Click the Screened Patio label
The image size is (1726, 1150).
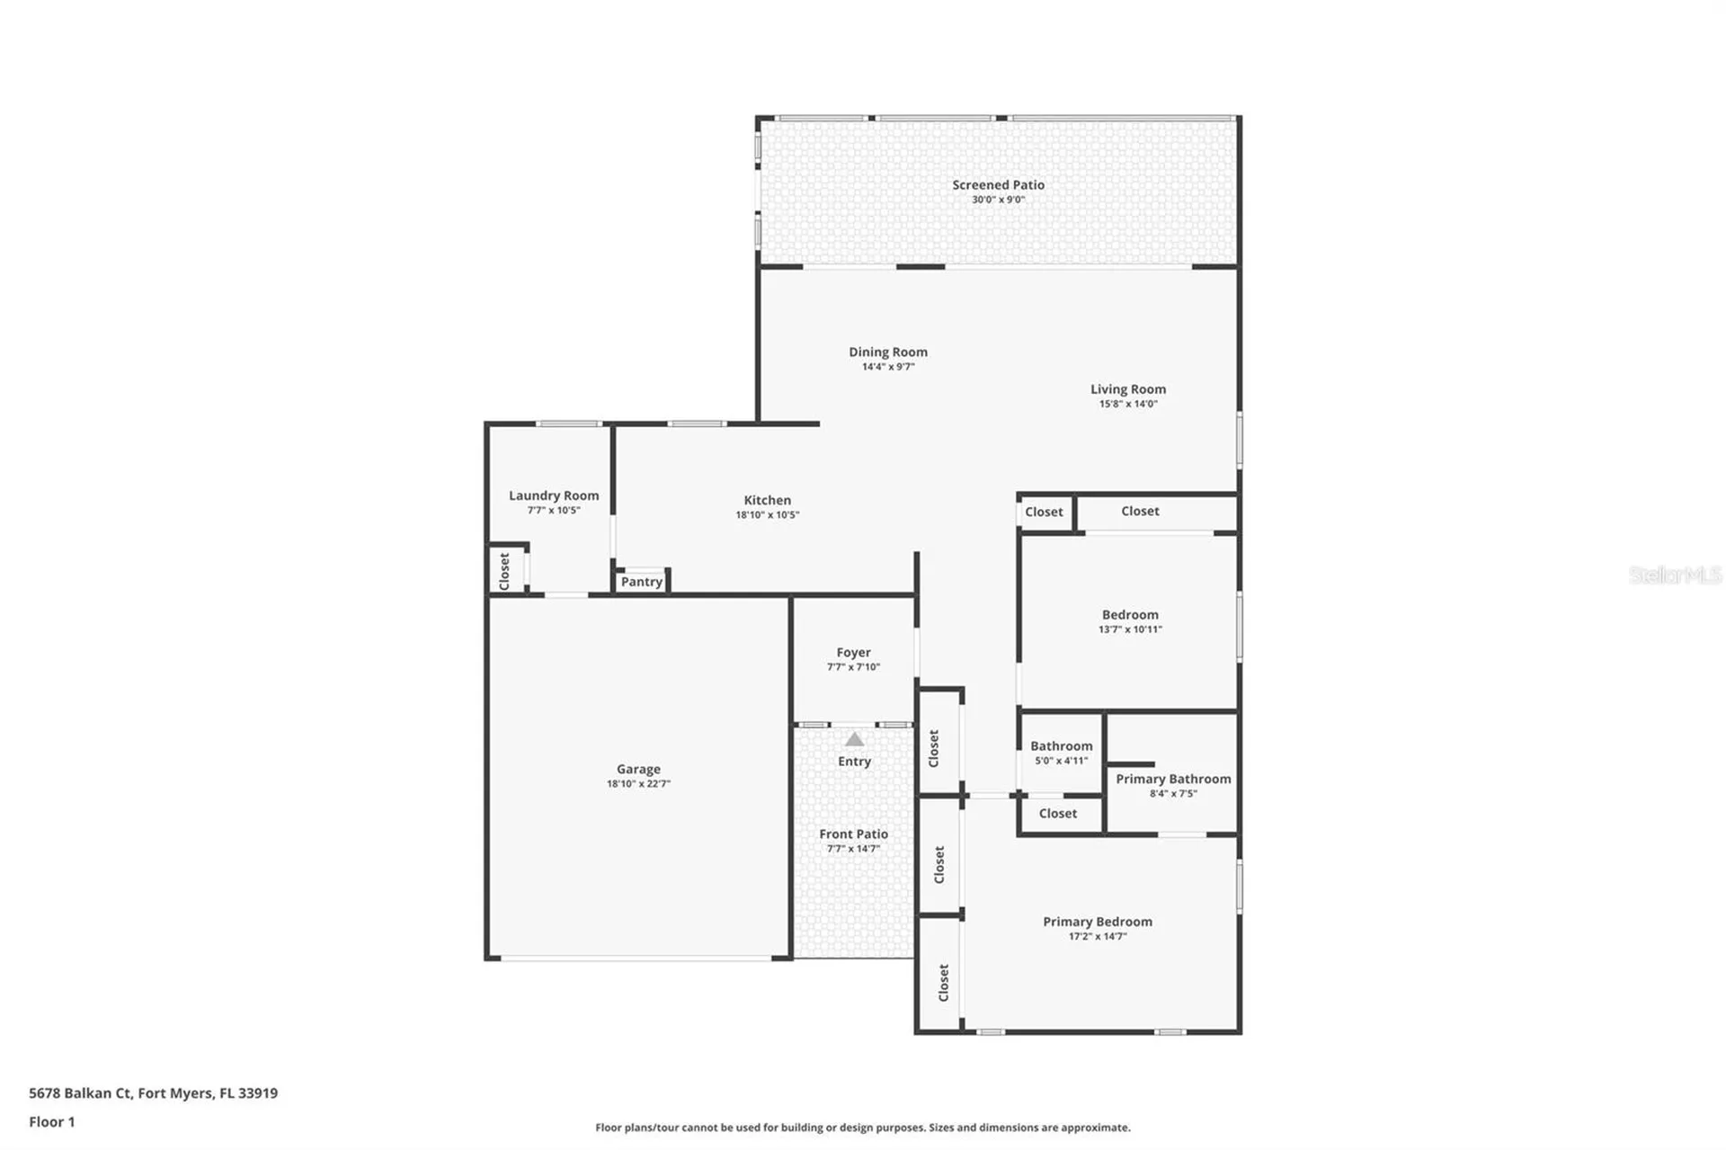click(x=998, y=185)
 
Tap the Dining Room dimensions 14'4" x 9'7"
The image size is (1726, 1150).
click(x=888, y=367)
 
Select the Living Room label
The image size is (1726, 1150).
click(x=1128, y=389)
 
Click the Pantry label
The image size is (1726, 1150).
click(x=642, y=582)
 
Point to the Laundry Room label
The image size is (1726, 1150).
click(x=554, y=495)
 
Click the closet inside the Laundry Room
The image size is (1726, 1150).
click(x=505, y=571)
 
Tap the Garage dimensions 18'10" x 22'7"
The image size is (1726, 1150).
click(x=638, y=784)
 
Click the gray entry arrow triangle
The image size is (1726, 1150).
click(x=855, y=739)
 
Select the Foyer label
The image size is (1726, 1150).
click(x=853, y=653)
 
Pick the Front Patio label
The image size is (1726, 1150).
click(x=853, y=834)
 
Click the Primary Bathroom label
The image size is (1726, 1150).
click(x=1173, y=780)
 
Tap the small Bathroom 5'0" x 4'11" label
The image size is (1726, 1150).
click(x=1061, y=746)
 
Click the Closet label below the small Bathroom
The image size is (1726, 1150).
click(x=1057, y=814)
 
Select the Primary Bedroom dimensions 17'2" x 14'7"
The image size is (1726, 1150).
click(x=1097, y=937)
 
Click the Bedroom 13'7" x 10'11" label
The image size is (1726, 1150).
click(x=1130, y=615)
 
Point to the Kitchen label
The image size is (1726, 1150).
click(x=767, y=501)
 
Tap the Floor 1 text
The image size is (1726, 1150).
click(x=52, y=1122)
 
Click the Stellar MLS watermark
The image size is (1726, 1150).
click(x=1675, y=575)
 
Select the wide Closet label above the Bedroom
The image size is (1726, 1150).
click(x=1140, y=512)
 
